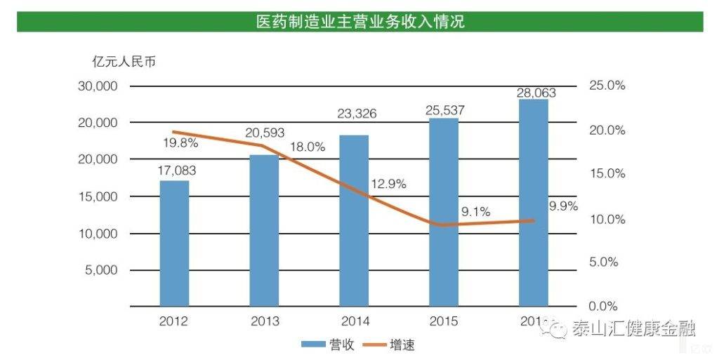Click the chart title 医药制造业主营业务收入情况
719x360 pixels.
click(359, 22)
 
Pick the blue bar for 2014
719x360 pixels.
click(354, 220)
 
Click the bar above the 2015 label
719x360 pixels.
click(444, 212)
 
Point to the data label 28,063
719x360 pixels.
click(534, 92)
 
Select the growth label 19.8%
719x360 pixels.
click(181, 143)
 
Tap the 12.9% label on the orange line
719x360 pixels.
click(389, 185)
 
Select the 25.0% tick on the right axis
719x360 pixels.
click(605, 86)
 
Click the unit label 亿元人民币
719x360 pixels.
click(124, 62)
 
